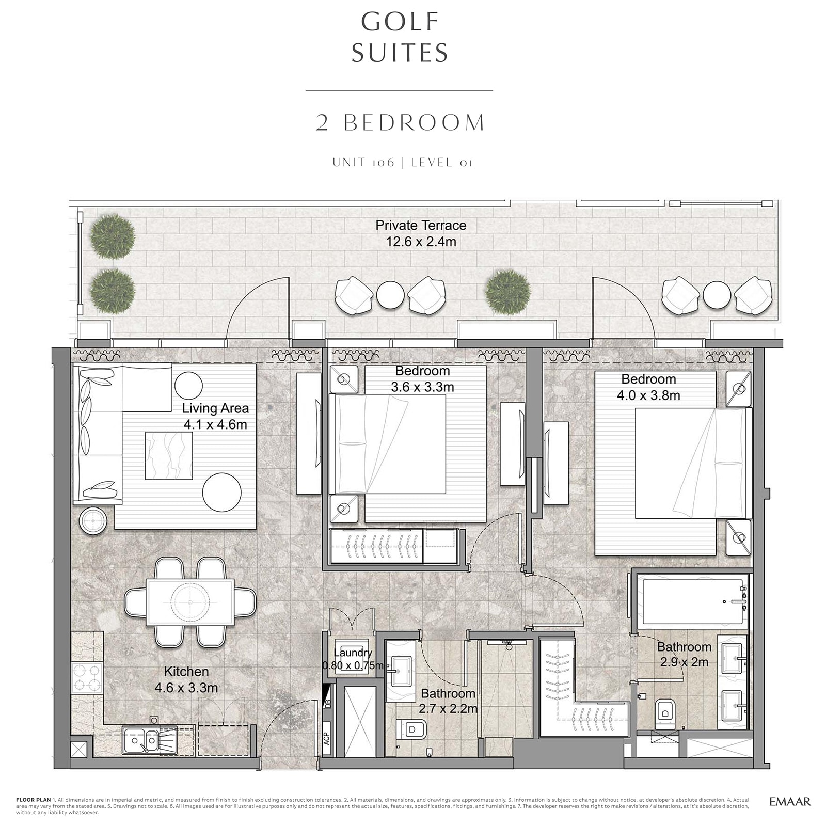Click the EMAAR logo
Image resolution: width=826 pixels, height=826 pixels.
pyautogui.click(x=789, y=801)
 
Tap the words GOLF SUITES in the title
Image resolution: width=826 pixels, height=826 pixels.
pyautogui.click(x=400, y=37)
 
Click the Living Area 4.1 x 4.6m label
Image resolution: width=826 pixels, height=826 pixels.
pyautogui.click(x=215, y=416)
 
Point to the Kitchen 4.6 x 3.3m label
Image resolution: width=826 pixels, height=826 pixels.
pyautogui.click(x=186, y=679)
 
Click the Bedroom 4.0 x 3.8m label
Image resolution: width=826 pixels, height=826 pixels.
pyautogui.click(x=648, y=387)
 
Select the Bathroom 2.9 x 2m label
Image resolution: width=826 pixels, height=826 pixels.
pyautogui.click(x=684, y=654)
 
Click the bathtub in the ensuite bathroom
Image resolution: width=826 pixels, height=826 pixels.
pyautogui.click(x=692, y=601)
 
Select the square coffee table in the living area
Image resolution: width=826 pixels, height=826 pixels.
pyautogui.click(x=169, y=455)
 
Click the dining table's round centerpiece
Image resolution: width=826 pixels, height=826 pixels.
pyautogui.click(x=190, y=602)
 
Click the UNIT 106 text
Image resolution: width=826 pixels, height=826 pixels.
pyautogui.click(x=363, y=163)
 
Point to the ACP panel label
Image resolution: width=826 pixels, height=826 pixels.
pyautogui.click(x=326, y=738)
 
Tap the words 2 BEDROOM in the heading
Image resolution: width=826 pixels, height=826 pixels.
pyautogui.click(x=401, y=123)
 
